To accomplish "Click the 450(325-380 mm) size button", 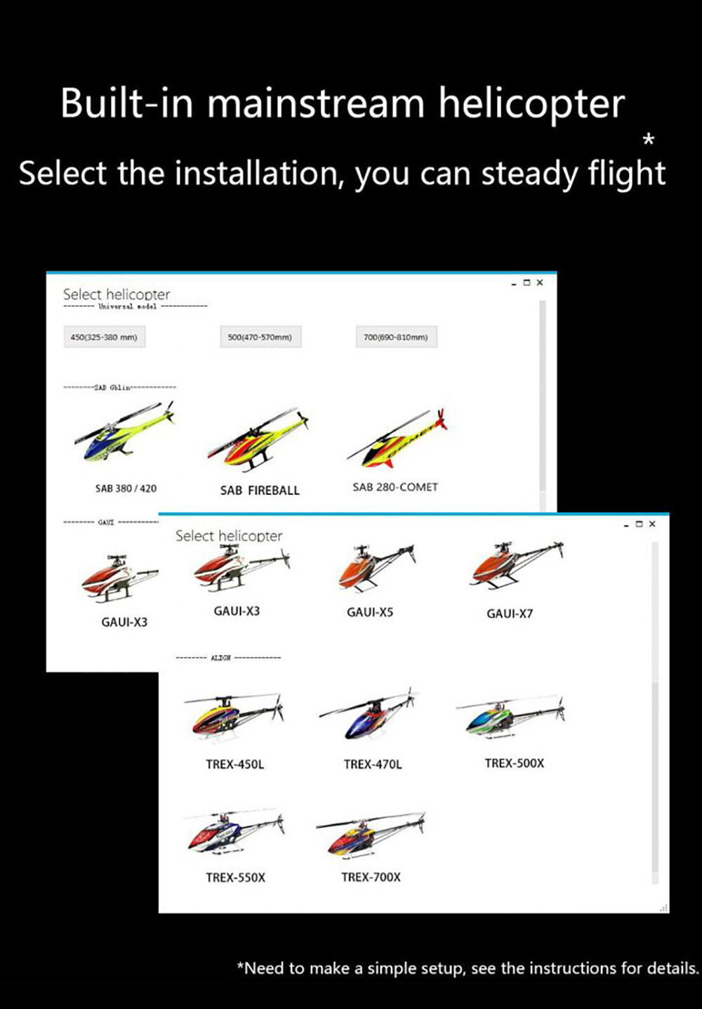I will [x=104, y=337].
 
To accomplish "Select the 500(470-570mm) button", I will [x=260, y=337].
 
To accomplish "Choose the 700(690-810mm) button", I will [x=396, y=337].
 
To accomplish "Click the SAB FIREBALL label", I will [x=260, y=490].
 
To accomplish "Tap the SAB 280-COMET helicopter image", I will [x=397, y=440].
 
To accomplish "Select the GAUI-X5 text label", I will [x=370, y=612].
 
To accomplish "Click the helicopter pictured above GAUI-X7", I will [x=516, y=565].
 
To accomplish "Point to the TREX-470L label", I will [x=373, y=764].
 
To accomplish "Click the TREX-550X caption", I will [x=235, y=878].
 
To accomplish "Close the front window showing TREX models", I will [x=652, y=524].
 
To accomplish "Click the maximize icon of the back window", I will [x=526, y=282].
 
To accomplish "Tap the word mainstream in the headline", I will [x=316, y=103].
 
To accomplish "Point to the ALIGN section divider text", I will [x=220, y=658].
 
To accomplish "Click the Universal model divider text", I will [x=127, y=306].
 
